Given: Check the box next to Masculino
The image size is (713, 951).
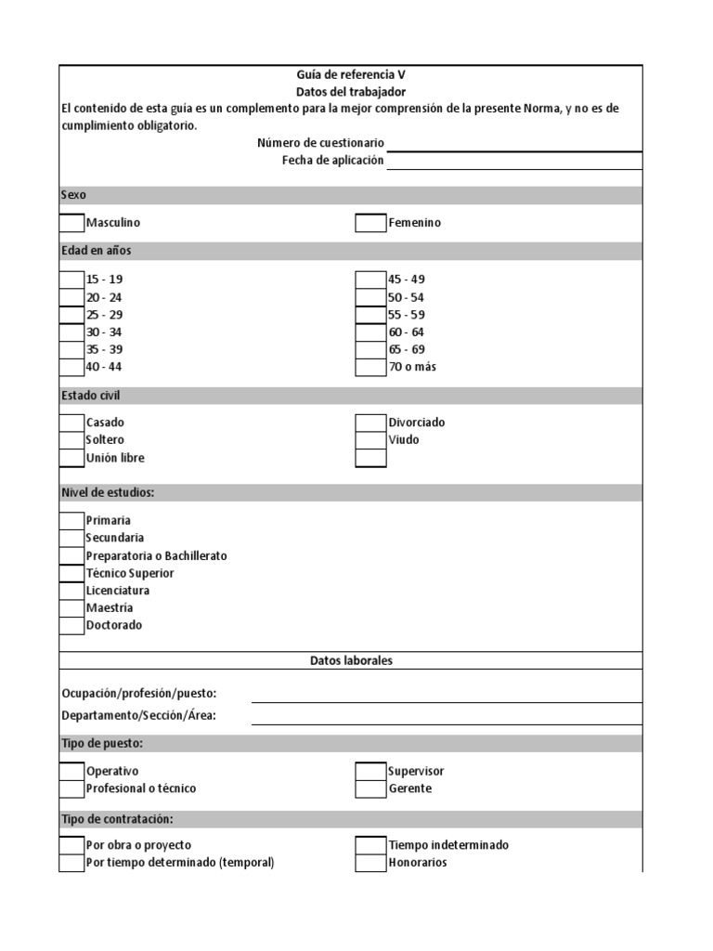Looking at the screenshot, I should tap(71, 223).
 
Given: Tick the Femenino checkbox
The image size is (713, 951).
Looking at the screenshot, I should tap(370, 223).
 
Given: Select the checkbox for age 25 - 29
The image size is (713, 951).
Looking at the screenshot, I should tap(71, 315).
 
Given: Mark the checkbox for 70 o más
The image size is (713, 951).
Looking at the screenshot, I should tap(370, 367).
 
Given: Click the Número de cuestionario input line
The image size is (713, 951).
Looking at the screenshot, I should tap(514, 143).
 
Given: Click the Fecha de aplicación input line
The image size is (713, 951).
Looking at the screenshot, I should tap(514, 161).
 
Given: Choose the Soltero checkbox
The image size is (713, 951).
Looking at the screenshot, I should tap(71, 440).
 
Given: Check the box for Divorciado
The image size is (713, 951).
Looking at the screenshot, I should tap(370, 423).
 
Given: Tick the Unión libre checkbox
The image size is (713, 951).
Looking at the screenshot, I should tap(71, 458).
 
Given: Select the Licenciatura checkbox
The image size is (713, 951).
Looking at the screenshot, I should tap(71, 591).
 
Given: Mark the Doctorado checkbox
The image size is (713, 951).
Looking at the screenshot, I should tap(71, 626).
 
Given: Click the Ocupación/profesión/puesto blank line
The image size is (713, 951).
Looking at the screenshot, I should tap(446, 694).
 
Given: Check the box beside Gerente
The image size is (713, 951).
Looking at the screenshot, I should tap(370, 789).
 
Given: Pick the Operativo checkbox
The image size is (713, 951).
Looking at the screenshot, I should tap(71, 772).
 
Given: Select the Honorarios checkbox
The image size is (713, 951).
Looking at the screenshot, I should tap(370, 863).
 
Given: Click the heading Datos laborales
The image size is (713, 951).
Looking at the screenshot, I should tap(351, 660).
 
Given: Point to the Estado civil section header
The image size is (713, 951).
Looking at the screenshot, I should tap(91, 396).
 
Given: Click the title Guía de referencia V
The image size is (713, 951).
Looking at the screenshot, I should tap(351, 76).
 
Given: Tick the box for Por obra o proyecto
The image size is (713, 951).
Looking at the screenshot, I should tap(71, 845).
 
